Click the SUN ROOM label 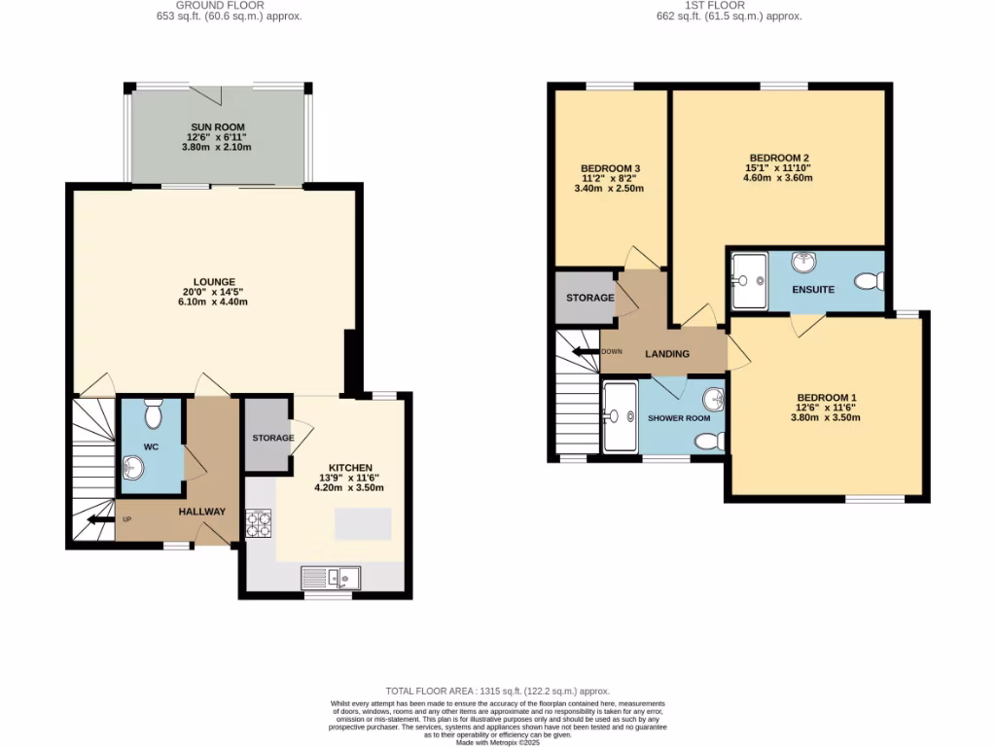tap(216, 126)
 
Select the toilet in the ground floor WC tap(152, 415)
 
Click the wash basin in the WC tap(133, 470)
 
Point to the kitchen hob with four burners tap(258, 523)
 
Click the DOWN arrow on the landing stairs tap(586, 351)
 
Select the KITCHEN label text tap(351, 467)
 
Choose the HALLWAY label tap(201, 512)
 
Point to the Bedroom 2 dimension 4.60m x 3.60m tap(779, 181)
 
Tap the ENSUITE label tap(813, 289)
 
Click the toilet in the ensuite tap(869, 282)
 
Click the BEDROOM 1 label tap(827, 397)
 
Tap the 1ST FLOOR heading tap(714, 5)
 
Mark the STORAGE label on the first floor tap(589, 298)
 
